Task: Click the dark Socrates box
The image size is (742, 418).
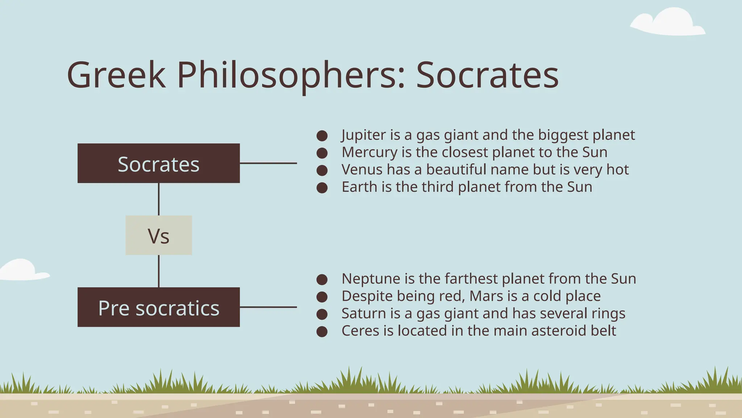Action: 158,163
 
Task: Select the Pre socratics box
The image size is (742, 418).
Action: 158,307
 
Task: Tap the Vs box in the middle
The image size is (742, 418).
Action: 158,235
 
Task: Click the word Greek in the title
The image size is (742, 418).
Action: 116,75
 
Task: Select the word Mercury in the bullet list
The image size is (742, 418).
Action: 369,152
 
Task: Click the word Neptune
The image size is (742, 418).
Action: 371,279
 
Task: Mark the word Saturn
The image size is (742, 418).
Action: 363,313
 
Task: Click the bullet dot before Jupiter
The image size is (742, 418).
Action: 322,136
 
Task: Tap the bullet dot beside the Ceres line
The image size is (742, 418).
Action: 322,331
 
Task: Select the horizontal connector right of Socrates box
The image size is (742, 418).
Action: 268,163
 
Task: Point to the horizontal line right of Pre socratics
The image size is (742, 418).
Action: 268,307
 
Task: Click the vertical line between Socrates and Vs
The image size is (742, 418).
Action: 159,199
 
